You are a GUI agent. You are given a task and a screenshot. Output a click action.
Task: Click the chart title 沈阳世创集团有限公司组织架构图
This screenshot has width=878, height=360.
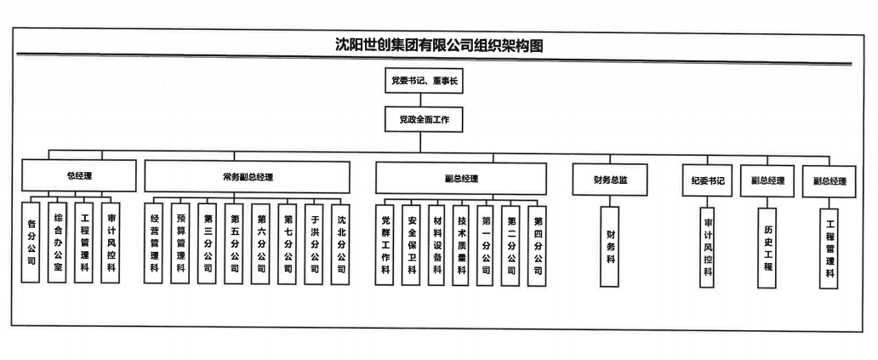(438, 45)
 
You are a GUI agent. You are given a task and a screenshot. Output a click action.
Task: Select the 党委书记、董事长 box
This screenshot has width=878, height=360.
(423, 82)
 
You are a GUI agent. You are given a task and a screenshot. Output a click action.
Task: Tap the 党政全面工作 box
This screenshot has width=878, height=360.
(423, 121)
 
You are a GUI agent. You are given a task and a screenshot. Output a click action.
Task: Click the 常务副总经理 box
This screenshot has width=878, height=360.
(247, 178)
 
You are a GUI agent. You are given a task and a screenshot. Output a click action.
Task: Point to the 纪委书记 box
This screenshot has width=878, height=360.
(707, 180)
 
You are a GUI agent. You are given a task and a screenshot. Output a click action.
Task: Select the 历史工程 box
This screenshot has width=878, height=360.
(767, 247)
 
